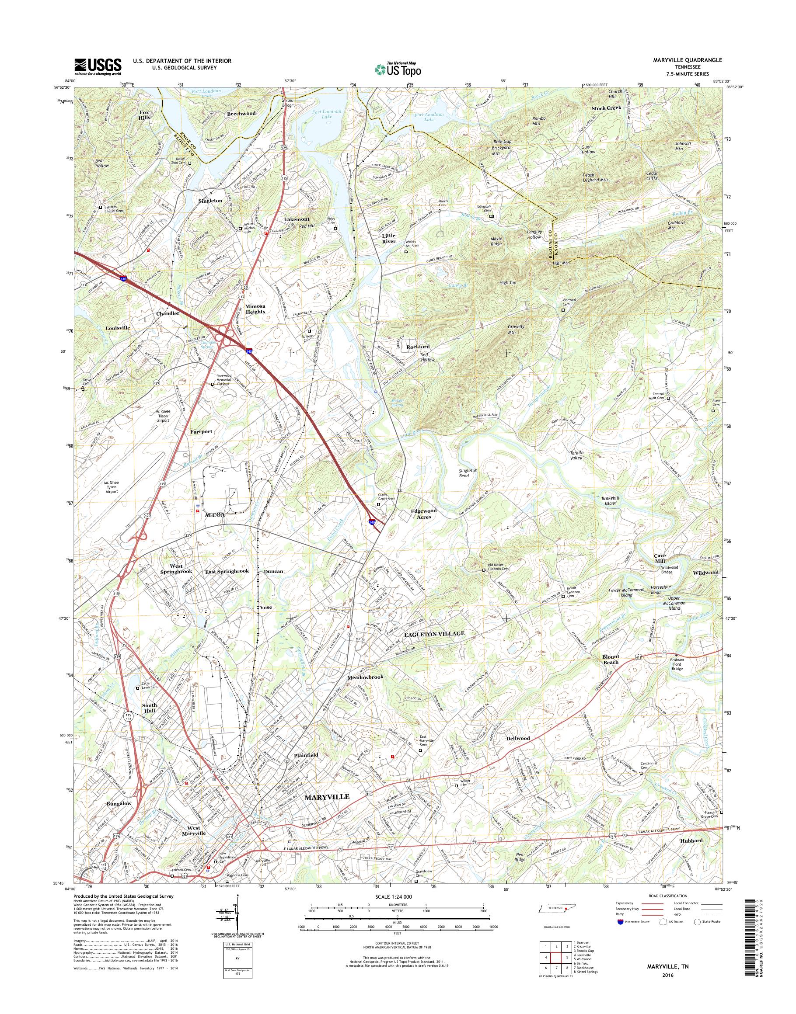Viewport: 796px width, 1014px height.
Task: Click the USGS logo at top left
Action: (x=98, y=66)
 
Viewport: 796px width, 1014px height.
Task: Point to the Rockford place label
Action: (x=418, y=347)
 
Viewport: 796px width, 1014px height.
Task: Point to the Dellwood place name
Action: (x=518, y=738)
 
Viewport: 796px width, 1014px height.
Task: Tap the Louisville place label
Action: (x=118, y=328)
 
